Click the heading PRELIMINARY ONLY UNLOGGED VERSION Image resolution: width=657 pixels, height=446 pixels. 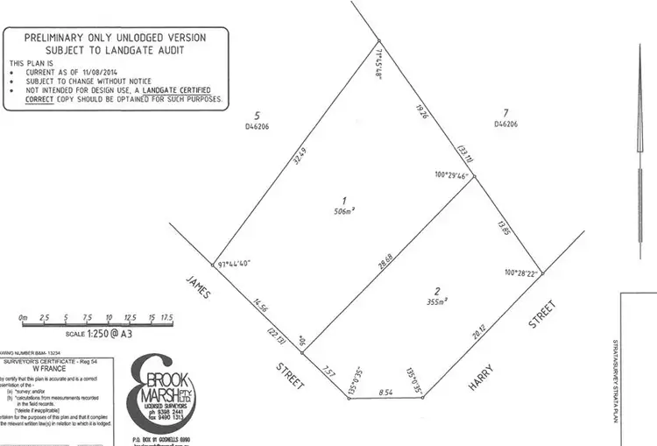pyautogui.click(x=115, y=38)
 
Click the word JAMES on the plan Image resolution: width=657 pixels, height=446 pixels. pyautogui.click(x=196, y=285)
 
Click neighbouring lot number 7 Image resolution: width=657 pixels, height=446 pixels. pyautogui.click(x=505, y=113)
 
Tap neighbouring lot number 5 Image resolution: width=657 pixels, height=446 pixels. pyautogui.click(x=257, y=116)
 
